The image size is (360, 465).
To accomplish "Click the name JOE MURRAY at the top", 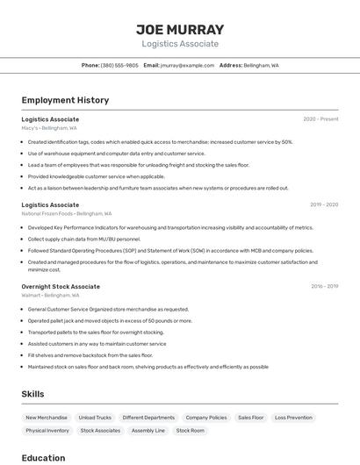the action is tap(180, 29).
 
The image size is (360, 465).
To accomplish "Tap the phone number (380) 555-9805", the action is tap(119, 65).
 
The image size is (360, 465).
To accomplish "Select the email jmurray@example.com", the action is tap(187, 65).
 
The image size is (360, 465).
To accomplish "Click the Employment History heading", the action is tap(65, 100).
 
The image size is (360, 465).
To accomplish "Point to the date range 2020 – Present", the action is tap(320, 119).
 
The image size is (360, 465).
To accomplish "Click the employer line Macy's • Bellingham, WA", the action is tap(49, 128).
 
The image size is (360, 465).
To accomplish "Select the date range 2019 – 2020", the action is tap(324, 204).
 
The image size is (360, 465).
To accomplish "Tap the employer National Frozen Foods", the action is tap(47, 213).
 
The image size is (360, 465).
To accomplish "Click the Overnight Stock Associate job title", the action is tap(61, 286).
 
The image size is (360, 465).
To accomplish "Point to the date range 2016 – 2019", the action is tap(324, 286).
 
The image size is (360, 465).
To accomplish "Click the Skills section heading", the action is tap(32, 394).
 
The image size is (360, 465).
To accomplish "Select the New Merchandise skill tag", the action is tap(47, 418).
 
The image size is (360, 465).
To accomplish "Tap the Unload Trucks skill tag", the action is tap(95, 418).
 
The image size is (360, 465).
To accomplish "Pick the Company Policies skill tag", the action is tap(206, 418).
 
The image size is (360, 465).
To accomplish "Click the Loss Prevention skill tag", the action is tap(293, 418).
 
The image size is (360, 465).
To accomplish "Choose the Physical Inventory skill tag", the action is tap(47, 431).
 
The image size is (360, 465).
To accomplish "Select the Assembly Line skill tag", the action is tap(148, 431).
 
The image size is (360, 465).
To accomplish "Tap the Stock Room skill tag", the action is tap(191, 431).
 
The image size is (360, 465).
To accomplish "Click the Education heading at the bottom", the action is tap(43, 458).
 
